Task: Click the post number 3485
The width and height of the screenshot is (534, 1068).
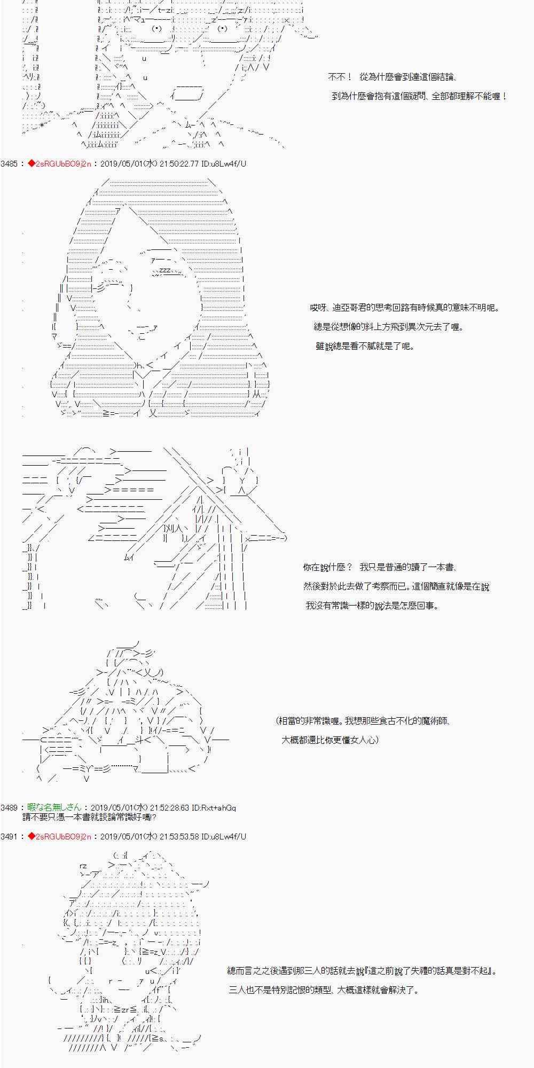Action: coord(9,163)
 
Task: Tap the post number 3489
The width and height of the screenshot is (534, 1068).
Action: coord(9,808)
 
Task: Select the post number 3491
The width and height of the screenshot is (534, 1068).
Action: coord(9,836)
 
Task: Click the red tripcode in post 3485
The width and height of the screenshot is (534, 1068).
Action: coord(59,163)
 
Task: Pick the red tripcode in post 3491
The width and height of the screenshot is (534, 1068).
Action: coord(59,836)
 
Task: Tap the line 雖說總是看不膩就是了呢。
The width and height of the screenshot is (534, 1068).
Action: coord(365,346)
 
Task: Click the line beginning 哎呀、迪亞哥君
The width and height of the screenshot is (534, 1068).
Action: coord(405,308)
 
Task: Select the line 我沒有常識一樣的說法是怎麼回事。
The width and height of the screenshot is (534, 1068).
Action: coord(372,606)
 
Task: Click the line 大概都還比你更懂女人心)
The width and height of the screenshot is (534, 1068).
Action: coord(330,740)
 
